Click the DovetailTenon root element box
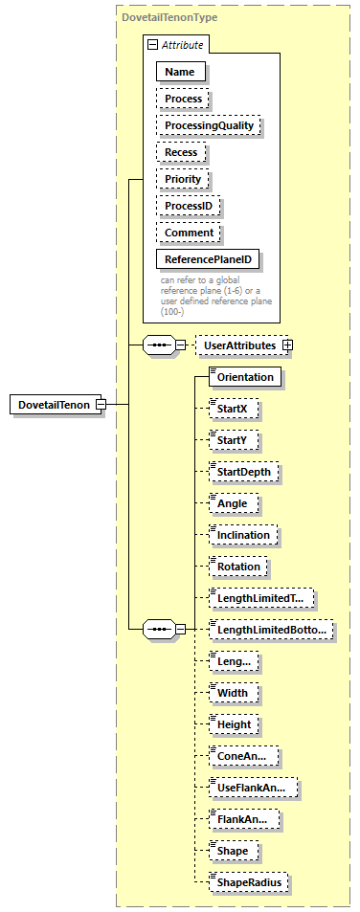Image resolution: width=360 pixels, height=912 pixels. click(x=53, y=405)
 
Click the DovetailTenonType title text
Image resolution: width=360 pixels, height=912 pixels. click(x=169, y=18)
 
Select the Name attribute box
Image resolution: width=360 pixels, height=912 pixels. click(x=180, y=71)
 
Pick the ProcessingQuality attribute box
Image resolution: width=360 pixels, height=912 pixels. click(x=208, y=125)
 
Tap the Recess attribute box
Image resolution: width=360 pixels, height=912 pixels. click(x=181, y=152)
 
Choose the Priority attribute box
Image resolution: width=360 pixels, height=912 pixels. click(x=183, y=179)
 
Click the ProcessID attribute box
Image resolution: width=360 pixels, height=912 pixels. click(x=189, y=206)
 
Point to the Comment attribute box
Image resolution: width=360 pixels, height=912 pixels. click(x=189, y=233)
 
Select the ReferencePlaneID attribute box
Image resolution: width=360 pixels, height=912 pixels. click(x=208, y=259)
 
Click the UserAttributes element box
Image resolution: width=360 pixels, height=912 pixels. click(x=238, y=345)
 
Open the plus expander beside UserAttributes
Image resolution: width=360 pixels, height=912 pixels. click(x=286, y=345)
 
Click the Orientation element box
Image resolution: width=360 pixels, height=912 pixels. click(x=245, y=377)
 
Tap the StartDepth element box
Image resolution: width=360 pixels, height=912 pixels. click(x=245, y=472)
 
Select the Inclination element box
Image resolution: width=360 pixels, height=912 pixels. click(x=244, y=535)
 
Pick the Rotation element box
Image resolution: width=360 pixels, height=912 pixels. click(x=238, y=566)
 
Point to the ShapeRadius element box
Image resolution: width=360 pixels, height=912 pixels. click(x=249, y=881)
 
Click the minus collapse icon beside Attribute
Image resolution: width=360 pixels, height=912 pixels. click(x=151, y=45)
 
